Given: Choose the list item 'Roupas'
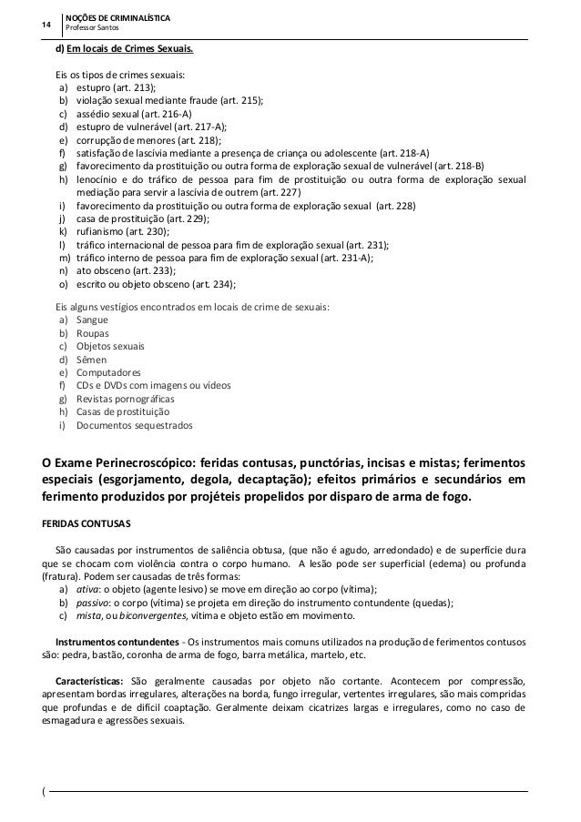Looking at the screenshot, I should tap(92, 333).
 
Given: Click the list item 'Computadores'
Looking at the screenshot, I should tap(108, 372).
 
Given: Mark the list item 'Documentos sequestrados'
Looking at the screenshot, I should tap(134, 425).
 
